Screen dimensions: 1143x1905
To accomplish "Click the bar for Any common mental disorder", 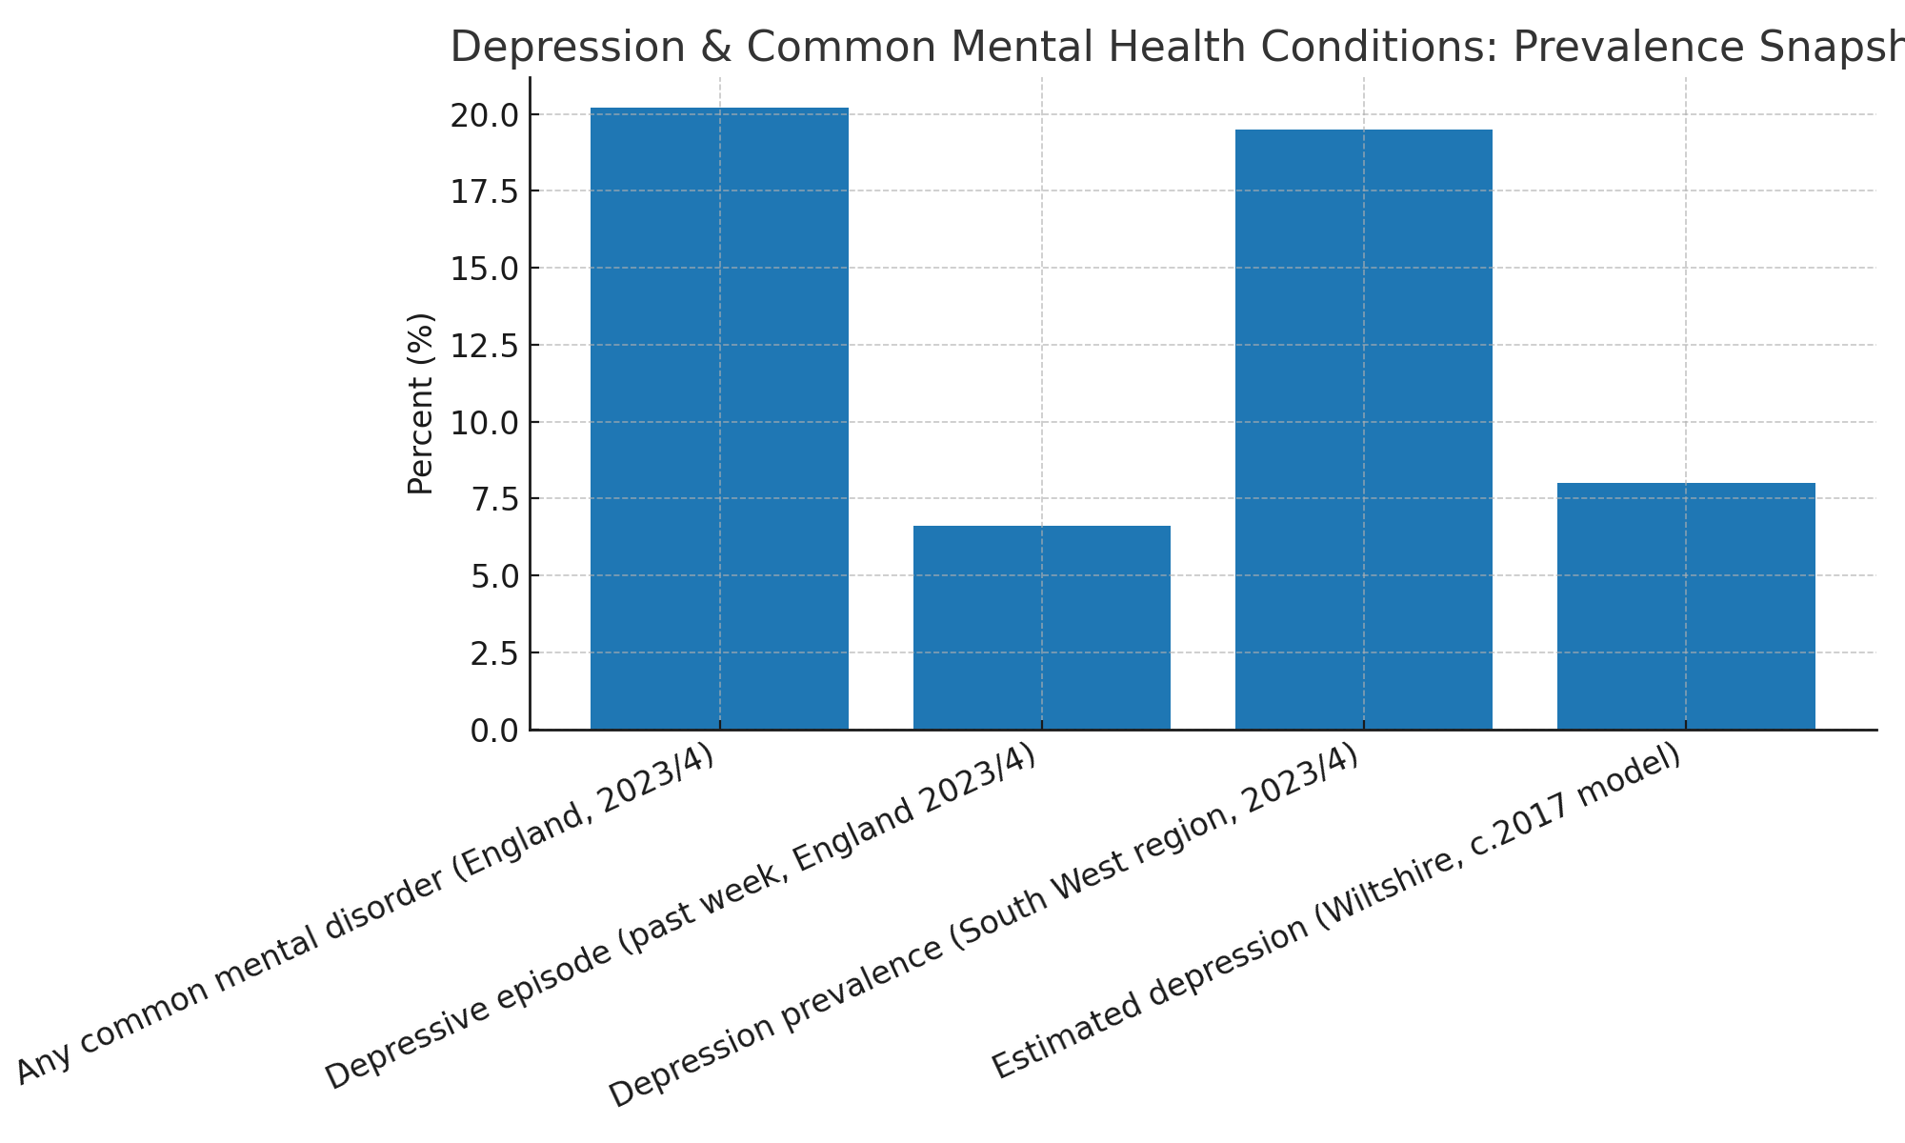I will pos(719,419).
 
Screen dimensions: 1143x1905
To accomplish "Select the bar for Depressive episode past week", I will pos(1041,628).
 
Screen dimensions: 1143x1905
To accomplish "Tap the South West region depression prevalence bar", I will pos(1363,430).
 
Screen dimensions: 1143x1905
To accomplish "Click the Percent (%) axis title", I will pos(420,404).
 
